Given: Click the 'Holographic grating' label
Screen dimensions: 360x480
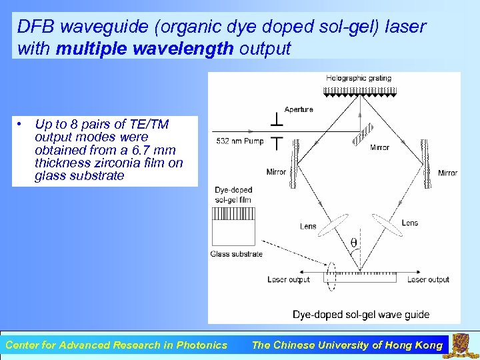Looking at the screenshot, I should point(358,79).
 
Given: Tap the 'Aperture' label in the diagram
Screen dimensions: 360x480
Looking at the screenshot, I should point(298,109).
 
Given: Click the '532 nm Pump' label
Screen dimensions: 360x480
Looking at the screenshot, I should point(239,141).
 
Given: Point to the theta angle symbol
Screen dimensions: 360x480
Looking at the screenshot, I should point(353,242).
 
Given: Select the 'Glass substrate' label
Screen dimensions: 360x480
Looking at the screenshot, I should point(236,253).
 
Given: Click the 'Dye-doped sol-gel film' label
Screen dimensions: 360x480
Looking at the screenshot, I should point(233,195).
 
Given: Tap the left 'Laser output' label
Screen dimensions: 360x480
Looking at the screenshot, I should point(288,279).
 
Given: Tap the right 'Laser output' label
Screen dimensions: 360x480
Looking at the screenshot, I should point(428,279).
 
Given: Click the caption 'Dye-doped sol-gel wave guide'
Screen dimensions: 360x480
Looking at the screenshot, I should point(361,314).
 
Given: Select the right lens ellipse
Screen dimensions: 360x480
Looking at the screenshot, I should point(387,225).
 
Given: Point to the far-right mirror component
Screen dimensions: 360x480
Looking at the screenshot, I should point(425,155).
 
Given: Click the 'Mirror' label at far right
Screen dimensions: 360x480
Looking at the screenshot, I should point(447,173).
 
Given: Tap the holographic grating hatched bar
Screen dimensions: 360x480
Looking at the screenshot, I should point(360,90).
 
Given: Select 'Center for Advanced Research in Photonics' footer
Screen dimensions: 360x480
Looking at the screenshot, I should point(116,345).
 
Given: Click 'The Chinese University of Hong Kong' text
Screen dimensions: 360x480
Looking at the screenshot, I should point(347,345).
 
